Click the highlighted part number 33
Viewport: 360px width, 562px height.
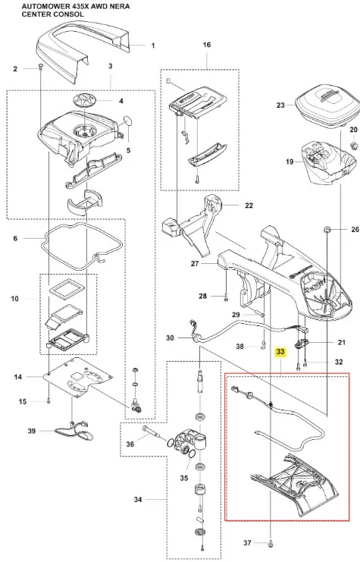[280, 352]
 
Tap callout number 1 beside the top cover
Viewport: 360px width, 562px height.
[153, 46]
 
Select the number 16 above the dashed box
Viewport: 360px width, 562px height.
[207, 45]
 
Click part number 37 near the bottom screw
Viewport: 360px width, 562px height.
[247, 542]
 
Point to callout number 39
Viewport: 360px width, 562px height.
[32, 431]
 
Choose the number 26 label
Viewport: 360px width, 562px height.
[355, 229]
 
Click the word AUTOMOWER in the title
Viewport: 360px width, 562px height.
[39, 7]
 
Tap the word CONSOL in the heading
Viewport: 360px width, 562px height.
[71, 14]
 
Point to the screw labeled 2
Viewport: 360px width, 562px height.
[40, 67]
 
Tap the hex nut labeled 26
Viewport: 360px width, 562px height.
[327, 229]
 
